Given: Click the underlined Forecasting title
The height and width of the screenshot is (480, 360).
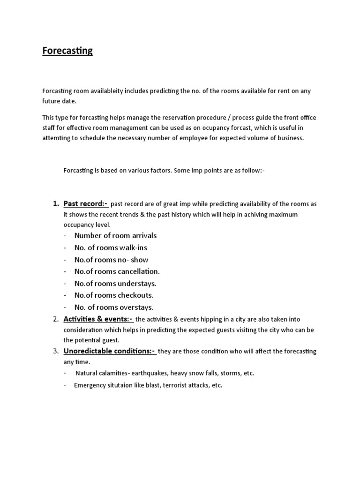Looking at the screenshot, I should [x=67, y=51].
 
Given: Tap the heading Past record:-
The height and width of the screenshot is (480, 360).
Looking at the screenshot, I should [x=86, y=204].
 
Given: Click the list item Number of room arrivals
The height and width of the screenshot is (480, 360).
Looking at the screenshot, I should [x=115, y=235].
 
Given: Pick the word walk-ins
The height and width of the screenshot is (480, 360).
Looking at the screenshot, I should [x=133, y=247].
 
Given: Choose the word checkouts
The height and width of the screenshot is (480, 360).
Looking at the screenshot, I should [x=136, y=295].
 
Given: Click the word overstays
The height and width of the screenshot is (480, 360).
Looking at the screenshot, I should [x=136, y=307].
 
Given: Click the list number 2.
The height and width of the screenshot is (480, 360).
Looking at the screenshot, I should [x=54, y=319].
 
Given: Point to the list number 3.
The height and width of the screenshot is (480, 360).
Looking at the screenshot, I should [x=54, y=351].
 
